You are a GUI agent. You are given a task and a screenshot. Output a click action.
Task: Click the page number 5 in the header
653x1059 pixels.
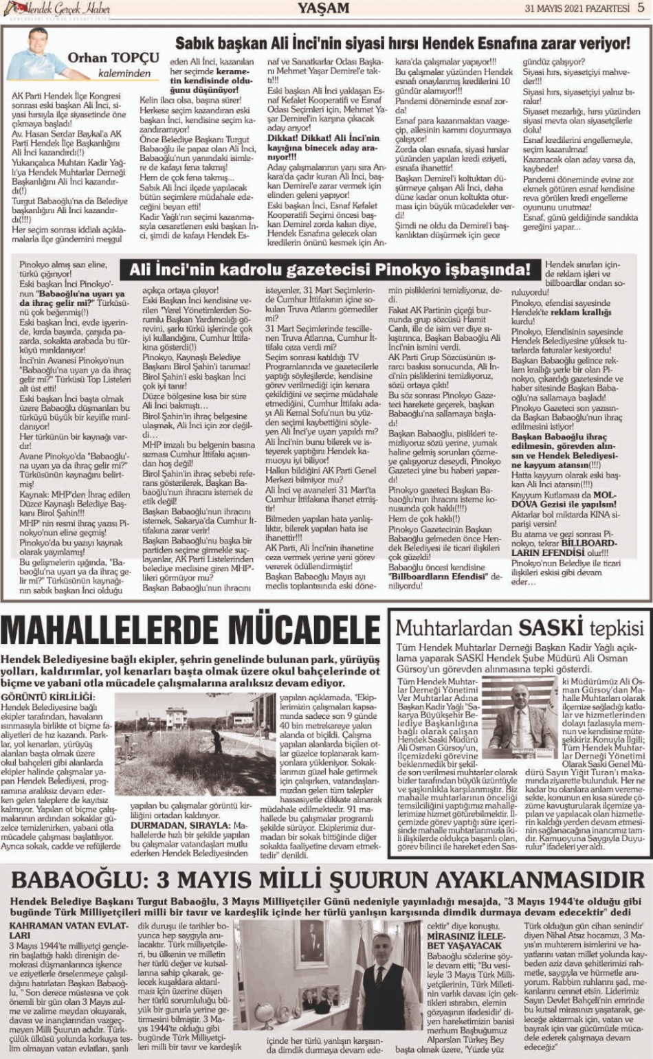(641, 8)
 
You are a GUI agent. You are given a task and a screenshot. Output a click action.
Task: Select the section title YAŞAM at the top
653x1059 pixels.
(323, 8)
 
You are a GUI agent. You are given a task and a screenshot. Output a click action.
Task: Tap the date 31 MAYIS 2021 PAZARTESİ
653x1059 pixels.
(577, 8)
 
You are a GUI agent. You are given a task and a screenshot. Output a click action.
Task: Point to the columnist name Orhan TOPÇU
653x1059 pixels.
(113, 58)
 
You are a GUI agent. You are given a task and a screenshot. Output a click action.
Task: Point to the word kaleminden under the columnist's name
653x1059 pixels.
(124, 73)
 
